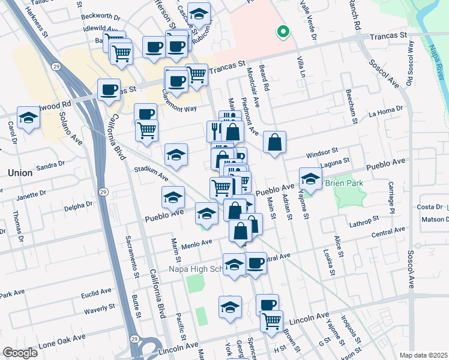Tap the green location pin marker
[282, 32]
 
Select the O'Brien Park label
[343, 182]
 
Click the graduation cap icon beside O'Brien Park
[310, 179]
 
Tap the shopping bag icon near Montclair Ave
[274, 143]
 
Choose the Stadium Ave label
[151, 174]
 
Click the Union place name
[20, 172]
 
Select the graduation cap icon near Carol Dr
[28, 119]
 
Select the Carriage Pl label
[391, 197]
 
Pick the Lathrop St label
[363, 221]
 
